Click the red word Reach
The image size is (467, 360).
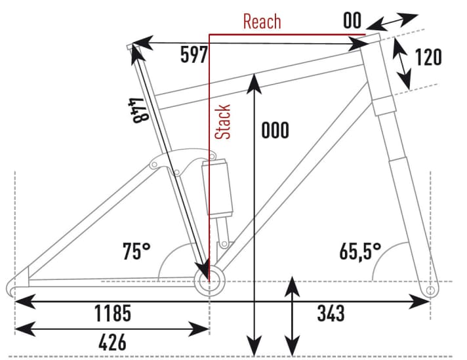point(262,22)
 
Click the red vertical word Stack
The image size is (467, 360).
point(224,121)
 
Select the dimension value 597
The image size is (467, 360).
point(194,55)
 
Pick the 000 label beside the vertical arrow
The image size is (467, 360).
point(274,130)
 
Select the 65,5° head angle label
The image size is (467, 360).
point(361,250)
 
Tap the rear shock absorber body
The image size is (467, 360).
point(217,188)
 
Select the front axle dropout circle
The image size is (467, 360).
point(430,289)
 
